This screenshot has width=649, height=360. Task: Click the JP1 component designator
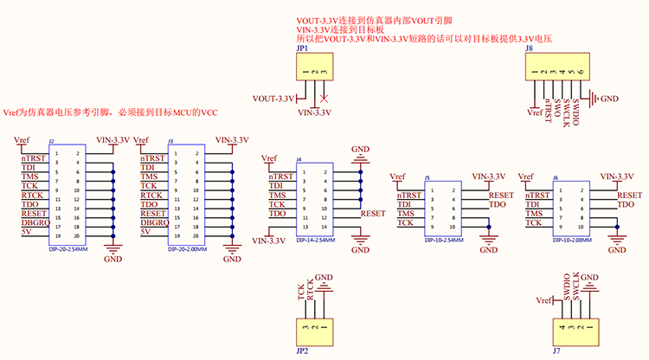pos(302,50)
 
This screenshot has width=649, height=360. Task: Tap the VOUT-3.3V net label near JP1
pos(274,97)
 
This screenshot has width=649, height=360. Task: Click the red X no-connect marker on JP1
pos(324,97)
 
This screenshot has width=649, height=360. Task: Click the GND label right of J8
pos(609,99)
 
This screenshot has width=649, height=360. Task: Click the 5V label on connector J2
pos(26,232)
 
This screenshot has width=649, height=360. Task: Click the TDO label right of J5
pos(497,205)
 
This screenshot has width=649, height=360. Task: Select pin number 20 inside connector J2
pos(77,236)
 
